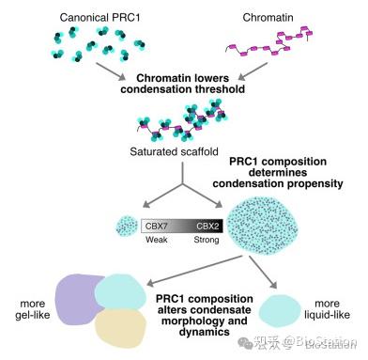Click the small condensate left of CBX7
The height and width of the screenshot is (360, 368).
[125, 226]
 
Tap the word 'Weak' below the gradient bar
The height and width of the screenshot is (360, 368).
[156, 241]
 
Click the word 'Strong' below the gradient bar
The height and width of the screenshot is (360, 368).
[206, 241]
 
